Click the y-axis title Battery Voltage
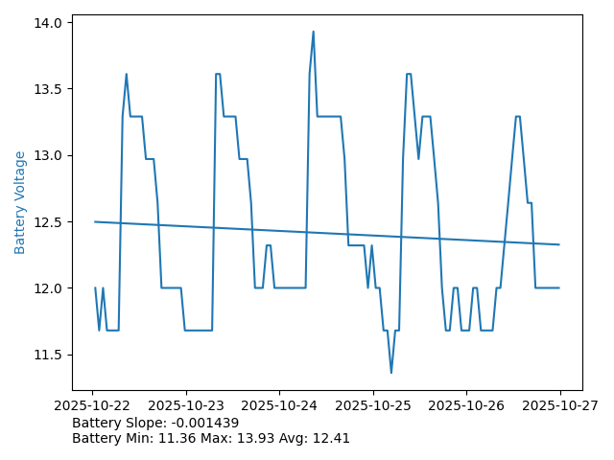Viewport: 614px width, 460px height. pos(20,202)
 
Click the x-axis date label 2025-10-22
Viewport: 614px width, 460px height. pos(92,405)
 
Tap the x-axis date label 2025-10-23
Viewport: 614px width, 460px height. pos(186,405)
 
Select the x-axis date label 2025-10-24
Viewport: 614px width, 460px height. pos(279,405)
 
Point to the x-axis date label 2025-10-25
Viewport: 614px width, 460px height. pos(373,405)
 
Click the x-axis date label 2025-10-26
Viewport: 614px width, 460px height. pos(466,405)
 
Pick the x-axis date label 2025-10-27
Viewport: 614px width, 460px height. pos(560,405)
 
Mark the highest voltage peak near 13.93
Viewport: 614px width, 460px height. pos(313,32)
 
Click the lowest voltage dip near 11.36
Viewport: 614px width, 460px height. pos(391,373)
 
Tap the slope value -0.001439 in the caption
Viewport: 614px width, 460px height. pos(203,423)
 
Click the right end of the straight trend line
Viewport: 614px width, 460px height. pos(558,244)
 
